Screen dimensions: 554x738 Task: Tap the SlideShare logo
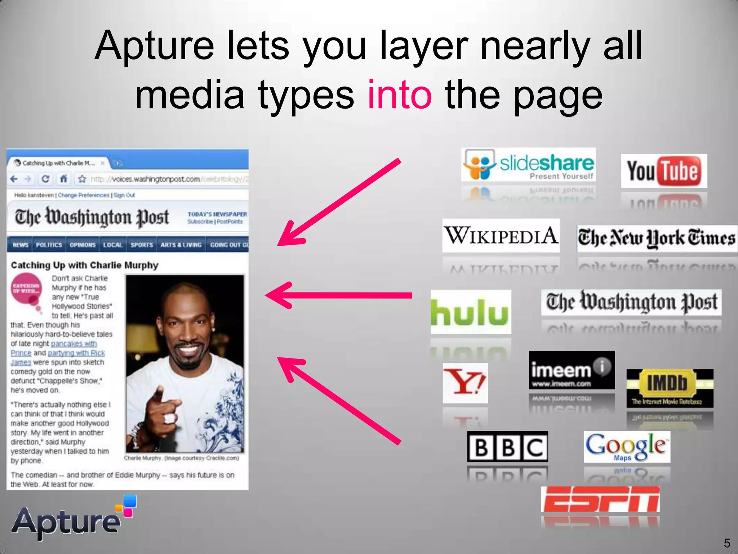pyautogui.click(x=528, y=164)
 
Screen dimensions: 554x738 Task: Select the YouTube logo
pyautogui.click(x=664, y=171)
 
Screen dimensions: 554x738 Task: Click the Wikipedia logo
pyautogui.click(x=501, y=235)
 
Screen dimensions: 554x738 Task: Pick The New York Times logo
pyautogui.click(x=657, y=238)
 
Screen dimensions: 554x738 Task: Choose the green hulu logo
pyautogui.click(x=471, y=312)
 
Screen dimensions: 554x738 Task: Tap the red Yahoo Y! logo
pyautogui.click(x=465, y=383)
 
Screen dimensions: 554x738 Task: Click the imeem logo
pyautogui.click(x=572, y=370)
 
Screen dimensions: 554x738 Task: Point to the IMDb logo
pyautogui.click(x=670, y=388)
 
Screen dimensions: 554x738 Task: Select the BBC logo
pyautogui.click(x=507, y=447)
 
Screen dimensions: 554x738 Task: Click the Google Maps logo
pyautogui.click(x=627, y=447)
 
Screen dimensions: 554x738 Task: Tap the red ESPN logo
pyautogui.click(x=600, y=499)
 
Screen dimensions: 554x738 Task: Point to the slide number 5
pyautogui.click(x=727, y=543)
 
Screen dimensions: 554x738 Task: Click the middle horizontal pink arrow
pyautogui.click(x=339, y=295)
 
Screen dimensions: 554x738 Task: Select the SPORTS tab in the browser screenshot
pyautogui.click(x=142, y=245)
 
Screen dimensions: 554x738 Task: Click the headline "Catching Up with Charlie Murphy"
pyautogui.click(x=85, y=265)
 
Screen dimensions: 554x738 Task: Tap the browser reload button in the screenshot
pyautogui.click(x=45, y=179)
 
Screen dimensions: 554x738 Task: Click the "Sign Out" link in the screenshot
pyautogui.click(x=124, y=195)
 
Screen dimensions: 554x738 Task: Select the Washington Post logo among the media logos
pyautogui.click(x=631, y=302)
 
